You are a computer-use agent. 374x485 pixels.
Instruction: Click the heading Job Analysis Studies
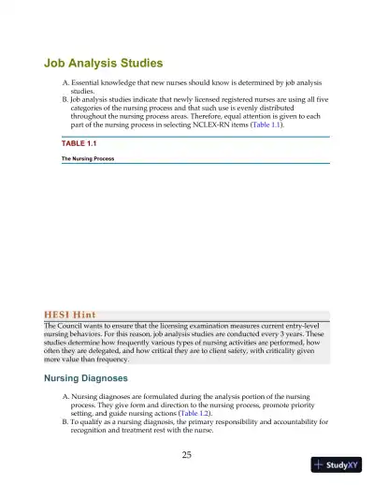click(104, 64)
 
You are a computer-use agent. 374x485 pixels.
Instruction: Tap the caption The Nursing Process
click(87, 160)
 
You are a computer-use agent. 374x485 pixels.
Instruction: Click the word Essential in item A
click(90, 83)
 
